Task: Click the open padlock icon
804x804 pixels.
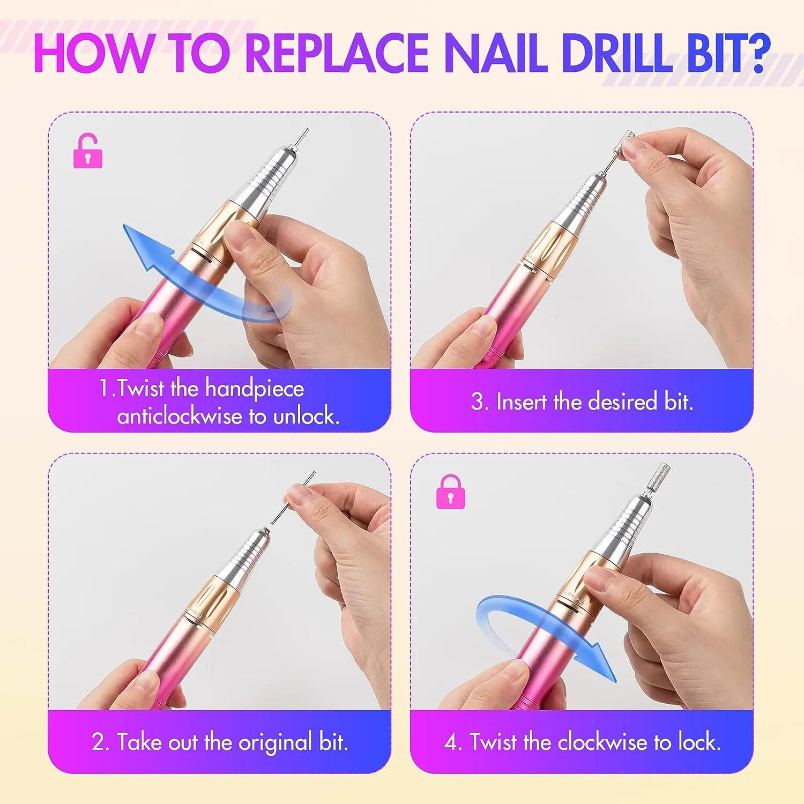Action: pos(87,151)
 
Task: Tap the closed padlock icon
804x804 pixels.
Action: pos(450,492)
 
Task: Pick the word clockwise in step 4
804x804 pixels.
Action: pos(602,742)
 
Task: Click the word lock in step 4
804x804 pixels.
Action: pos(699,742)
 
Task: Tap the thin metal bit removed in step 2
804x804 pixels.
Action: pos(293,497)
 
